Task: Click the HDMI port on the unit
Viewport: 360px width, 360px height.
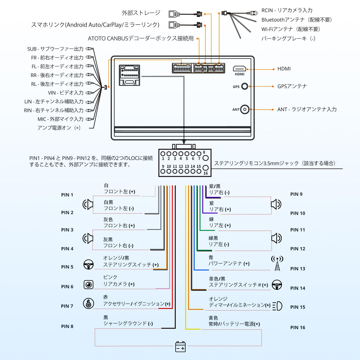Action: pyautogui.click(x=239, y=69)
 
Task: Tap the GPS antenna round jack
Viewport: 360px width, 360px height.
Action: pyautogui.click(x=244, y=86)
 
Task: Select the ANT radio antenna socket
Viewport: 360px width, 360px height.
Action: pyautogui.click(x=245, y=109)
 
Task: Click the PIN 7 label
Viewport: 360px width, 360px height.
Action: pyautogui.click(x=67, y=306)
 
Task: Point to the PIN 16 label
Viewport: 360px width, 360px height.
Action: pyautogui.click(x=297, y=327)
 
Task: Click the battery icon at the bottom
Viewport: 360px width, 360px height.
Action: pyautogui.click(x=180, y=347)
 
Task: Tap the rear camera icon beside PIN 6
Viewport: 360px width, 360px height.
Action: pyautogui.click(x=88, y=285)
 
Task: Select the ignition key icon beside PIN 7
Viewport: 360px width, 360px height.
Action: pyautogui.click(x=88, y=303)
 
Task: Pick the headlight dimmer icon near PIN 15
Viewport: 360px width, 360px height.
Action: pyautogui.click(x=277, y=306)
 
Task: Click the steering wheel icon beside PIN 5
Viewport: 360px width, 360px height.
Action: pyautogui.click(x=88, y=265)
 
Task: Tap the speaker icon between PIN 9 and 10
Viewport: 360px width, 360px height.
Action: pyautogui.click(x=276, y=204)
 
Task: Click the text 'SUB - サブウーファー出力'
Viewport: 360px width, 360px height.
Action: pyautogui.click(x=55, y=49)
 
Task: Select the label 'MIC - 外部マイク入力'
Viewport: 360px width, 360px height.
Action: pyautogui.click(x=60, y=119)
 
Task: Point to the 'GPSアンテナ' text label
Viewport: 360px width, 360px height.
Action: pyautogui.click(x=292, y=86)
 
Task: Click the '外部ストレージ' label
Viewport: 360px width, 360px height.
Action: pyautogui.click(x=141, y=13)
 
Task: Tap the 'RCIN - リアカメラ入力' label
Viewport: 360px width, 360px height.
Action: pyautogui.click(x=287, y=10)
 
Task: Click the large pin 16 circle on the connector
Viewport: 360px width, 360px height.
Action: pyautogui.click(x=205, y=168)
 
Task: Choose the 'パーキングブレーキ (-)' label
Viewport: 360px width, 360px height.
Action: pyautogui.click(x=288, y=39)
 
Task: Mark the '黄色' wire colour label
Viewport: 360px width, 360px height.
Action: pyautogui.click(x=213, y=318)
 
